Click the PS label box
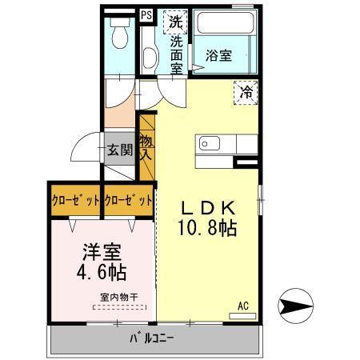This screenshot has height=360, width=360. tap(146, 14)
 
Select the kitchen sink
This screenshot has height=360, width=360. tap(209, 144)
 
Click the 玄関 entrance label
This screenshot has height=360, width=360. tap(121, 149)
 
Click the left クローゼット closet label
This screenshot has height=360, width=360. tap(76, 200)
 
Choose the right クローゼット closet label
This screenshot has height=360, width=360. tap(128, 200)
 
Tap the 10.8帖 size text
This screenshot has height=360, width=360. tap(207, 228)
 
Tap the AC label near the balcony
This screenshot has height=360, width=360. tap(244, 305)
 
